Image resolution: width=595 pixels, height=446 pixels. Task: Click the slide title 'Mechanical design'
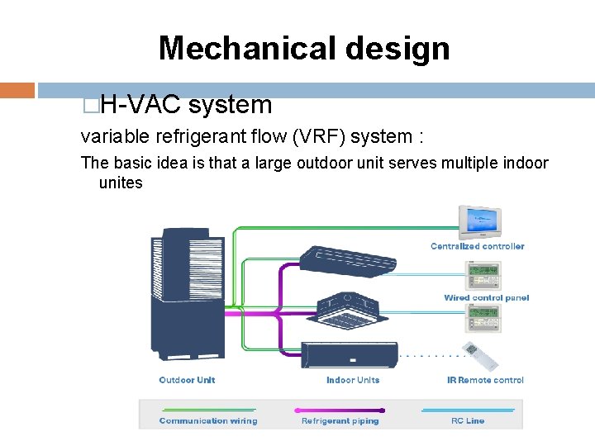(304, 48)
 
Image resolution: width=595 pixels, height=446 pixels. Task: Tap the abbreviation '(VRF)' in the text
(388, 136)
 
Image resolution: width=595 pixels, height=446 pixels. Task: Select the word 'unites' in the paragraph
(121, 183)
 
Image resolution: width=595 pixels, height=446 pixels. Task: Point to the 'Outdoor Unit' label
(187, 380)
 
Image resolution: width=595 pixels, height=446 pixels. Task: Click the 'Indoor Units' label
(353, 380)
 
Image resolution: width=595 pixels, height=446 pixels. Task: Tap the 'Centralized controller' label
(477, 246)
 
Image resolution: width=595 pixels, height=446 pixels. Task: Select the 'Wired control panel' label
(486, 298)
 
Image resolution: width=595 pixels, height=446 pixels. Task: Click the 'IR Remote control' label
(485, 380)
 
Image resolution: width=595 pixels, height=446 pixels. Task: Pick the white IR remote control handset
(483, 354)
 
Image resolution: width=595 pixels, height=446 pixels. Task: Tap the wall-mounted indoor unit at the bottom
(349, 353)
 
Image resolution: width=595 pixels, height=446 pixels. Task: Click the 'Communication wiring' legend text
(208, 421)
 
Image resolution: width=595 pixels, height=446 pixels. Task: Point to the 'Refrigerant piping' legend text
(340, 421)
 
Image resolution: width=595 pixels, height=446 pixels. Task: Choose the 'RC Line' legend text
(468, 421)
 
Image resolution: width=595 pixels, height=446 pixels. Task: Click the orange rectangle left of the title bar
(17, 90)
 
